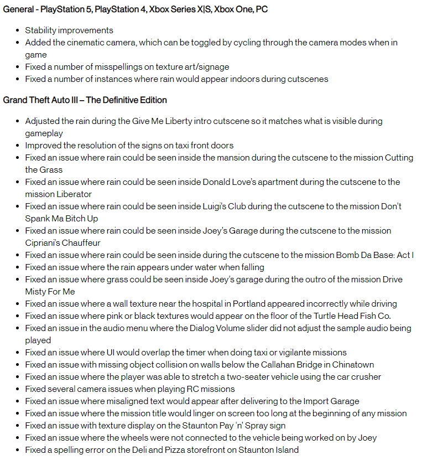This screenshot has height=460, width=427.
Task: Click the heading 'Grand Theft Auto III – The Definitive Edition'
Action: coord(85,100)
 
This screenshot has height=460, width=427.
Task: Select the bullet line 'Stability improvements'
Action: coord(69,30)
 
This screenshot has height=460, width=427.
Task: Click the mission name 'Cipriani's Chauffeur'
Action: coord(63,242)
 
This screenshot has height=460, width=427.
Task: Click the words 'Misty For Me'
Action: coord(50,291)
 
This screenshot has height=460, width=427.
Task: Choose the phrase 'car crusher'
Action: coord(358,376)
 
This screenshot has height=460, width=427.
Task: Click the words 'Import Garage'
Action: coord(331,401)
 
